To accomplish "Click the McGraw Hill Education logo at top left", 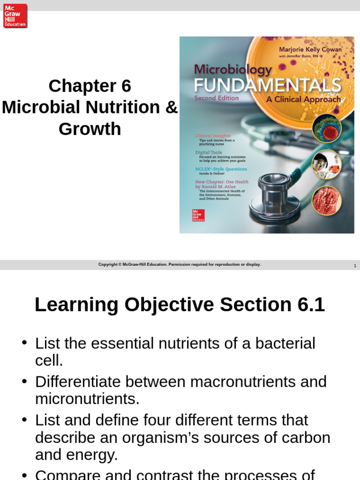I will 15,15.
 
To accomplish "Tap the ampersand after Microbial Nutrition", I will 172,107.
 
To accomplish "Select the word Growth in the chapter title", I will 90,128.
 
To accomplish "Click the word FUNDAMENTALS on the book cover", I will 267,86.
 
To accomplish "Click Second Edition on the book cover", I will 216,98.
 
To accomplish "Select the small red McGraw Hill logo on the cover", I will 198,215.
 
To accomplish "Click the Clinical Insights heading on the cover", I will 213,136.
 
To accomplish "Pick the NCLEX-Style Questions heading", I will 221,169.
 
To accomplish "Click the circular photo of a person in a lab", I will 327,164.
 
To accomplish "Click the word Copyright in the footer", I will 107,264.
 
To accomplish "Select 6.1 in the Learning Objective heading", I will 311,305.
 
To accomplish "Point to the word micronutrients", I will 87,399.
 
